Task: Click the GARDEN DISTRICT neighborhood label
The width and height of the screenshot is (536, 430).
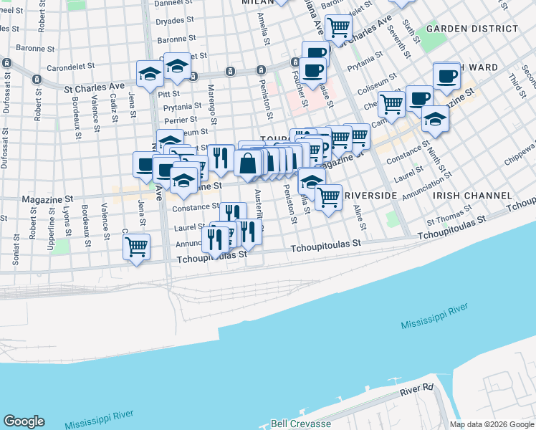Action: (472, 29)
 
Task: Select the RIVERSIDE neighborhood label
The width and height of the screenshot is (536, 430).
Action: (370, 196)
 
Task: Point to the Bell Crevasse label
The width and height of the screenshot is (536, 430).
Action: (300, 424)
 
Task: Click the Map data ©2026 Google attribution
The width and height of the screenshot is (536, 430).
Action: (492, 424)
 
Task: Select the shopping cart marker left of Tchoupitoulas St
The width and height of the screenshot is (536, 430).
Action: (136, 247)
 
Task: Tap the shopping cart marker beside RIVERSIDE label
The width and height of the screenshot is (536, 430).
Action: (328, 196)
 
